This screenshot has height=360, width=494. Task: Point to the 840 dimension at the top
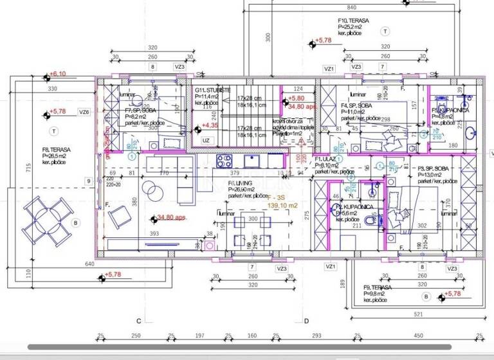(x=351, y=7)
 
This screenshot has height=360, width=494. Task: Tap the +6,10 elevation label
(x=58, y=74)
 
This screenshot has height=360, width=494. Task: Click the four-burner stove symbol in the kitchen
(x=226, y=160)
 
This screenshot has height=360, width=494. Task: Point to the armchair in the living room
(x=118, y=219)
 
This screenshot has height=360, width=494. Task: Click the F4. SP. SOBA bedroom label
(x=354, y=105)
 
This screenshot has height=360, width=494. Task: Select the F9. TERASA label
(x=378, y=288)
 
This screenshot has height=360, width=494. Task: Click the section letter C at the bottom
(x=138, y=320)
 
